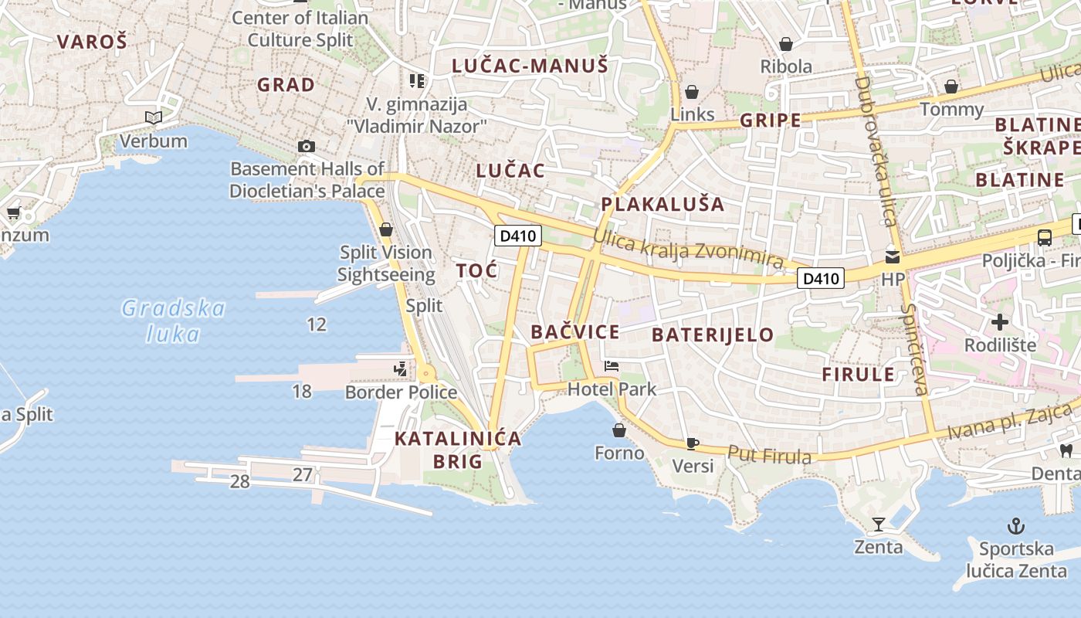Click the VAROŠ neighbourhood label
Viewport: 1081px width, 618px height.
(x=91, y=42)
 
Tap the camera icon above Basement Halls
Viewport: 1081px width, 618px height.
(x=307, y=146)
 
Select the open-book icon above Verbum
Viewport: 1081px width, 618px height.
(x=154, y=117)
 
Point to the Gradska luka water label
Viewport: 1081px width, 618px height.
(x=174, y=321)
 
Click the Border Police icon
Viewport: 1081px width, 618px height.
(x=400, y=369)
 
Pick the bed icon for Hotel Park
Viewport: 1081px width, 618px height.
(x=612, y=365)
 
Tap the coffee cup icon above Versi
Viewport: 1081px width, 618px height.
(x=692, y=443)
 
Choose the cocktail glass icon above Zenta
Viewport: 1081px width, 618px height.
(x=878, y=525)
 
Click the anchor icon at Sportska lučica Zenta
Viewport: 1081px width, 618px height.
(x=1016, y=527)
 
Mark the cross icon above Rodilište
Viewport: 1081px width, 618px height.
(x=1000, y=321)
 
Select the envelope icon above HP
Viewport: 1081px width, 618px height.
(x=893, y=256)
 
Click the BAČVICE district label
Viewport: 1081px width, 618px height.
(x=575, y=332)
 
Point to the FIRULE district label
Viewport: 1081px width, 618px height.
(x=858, y=375)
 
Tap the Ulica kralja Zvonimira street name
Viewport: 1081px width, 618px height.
(x=688, y=251)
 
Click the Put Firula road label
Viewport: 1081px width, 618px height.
(x=769, y=455)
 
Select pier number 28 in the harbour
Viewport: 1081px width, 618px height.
(x=239, y=481)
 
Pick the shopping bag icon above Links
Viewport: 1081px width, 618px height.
(x=692, y=92)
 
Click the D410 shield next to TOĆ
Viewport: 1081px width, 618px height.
(x=517, y=236)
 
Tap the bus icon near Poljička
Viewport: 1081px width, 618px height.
(x=1044, y=238)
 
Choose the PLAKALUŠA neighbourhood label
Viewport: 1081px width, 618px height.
(x=662, y=204)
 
